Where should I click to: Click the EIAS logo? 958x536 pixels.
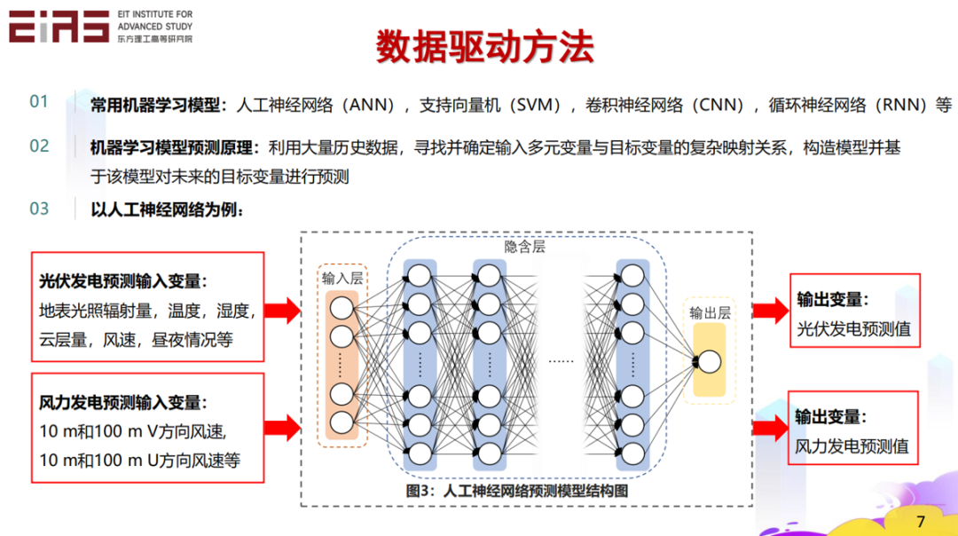(x=59, y=27)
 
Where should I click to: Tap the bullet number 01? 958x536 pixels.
(x=39, y=102)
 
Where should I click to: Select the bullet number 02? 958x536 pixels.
(x=39, y=146)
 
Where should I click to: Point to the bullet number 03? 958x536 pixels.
(x=39, y=209)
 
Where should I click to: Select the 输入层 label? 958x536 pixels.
(x=342, y=278)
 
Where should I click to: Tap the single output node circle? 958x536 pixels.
(x=710, y=362)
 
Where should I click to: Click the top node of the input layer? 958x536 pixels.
(x=342, y=308)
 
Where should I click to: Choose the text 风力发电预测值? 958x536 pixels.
(x=852, y=445)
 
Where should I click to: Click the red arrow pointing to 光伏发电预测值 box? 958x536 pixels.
(x=769, y=310)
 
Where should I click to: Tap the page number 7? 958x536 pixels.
(x=920, y=521)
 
